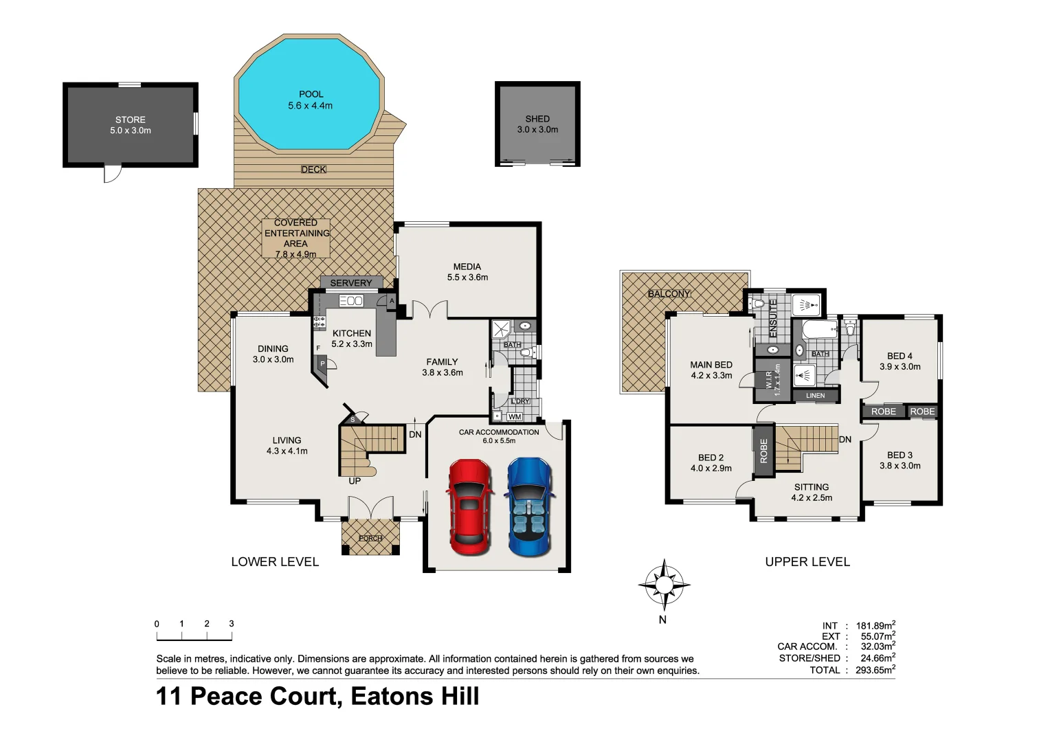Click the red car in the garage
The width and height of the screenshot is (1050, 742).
coord(469,507)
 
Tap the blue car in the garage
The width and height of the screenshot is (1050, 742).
coord(528,507)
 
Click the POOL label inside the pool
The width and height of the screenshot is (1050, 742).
coord(311,94)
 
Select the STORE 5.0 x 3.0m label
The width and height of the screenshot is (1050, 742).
coord(131,125)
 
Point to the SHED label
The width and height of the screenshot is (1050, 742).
coord(537,119)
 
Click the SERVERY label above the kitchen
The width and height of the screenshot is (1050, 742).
coord(350,283)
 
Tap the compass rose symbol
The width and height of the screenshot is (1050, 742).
coord(664,585)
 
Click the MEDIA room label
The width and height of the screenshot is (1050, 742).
coord(467,267)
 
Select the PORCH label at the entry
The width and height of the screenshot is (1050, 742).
coord(370,538)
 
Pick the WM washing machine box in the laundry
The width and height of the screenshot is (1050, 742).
coord(515,416)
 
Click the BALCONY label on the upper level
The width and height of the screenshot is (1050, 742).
coord(669,293)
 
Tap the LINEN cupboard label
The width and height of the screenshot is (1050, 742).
coord(816,396)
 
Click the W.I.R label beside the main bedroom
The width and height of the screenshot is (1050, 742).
coord(769,380)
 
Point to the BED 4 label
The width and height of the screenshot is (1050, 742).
coord(900,356)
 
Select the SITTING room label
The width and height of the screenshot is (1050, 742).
coord(812,487)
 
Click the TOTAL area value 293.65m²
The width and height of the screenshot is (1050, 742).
coord(875,670)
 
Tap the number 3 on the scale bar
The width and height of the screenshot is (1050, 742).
coord(232,624)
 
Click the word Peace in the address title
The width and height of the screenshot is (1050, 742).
coord(265,697)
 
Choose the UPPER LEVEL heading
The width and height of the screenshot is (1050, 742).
coord(807,562)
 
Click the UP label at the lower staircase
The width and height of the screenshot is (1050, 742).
coord(355,481)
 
